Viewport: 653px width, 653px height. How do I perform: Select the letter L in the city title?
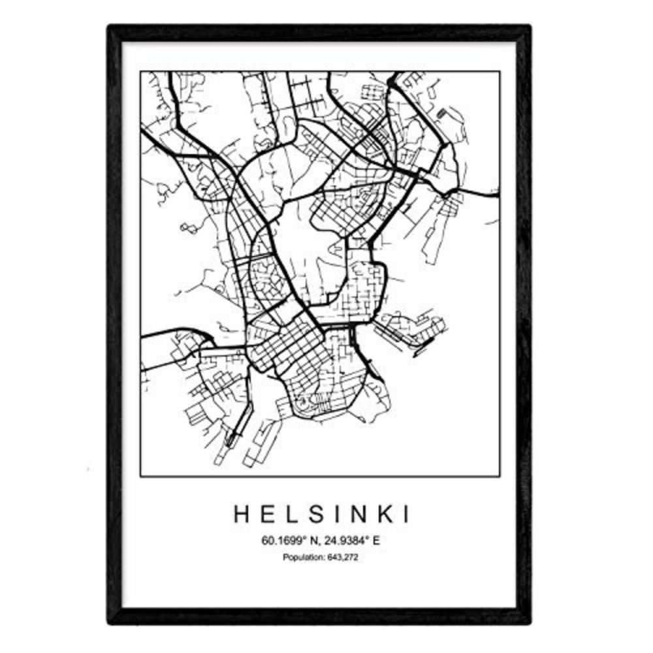click(x=291, y=514)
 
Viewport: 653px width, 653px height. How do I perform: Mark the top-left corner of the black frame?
click(x=110, y=26)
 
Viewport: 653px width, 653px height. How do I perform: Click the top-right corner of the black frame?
click(x=530, y=26)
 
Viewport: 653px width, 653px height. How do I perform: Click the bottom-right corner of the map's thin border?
click(x=500, y=476)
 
